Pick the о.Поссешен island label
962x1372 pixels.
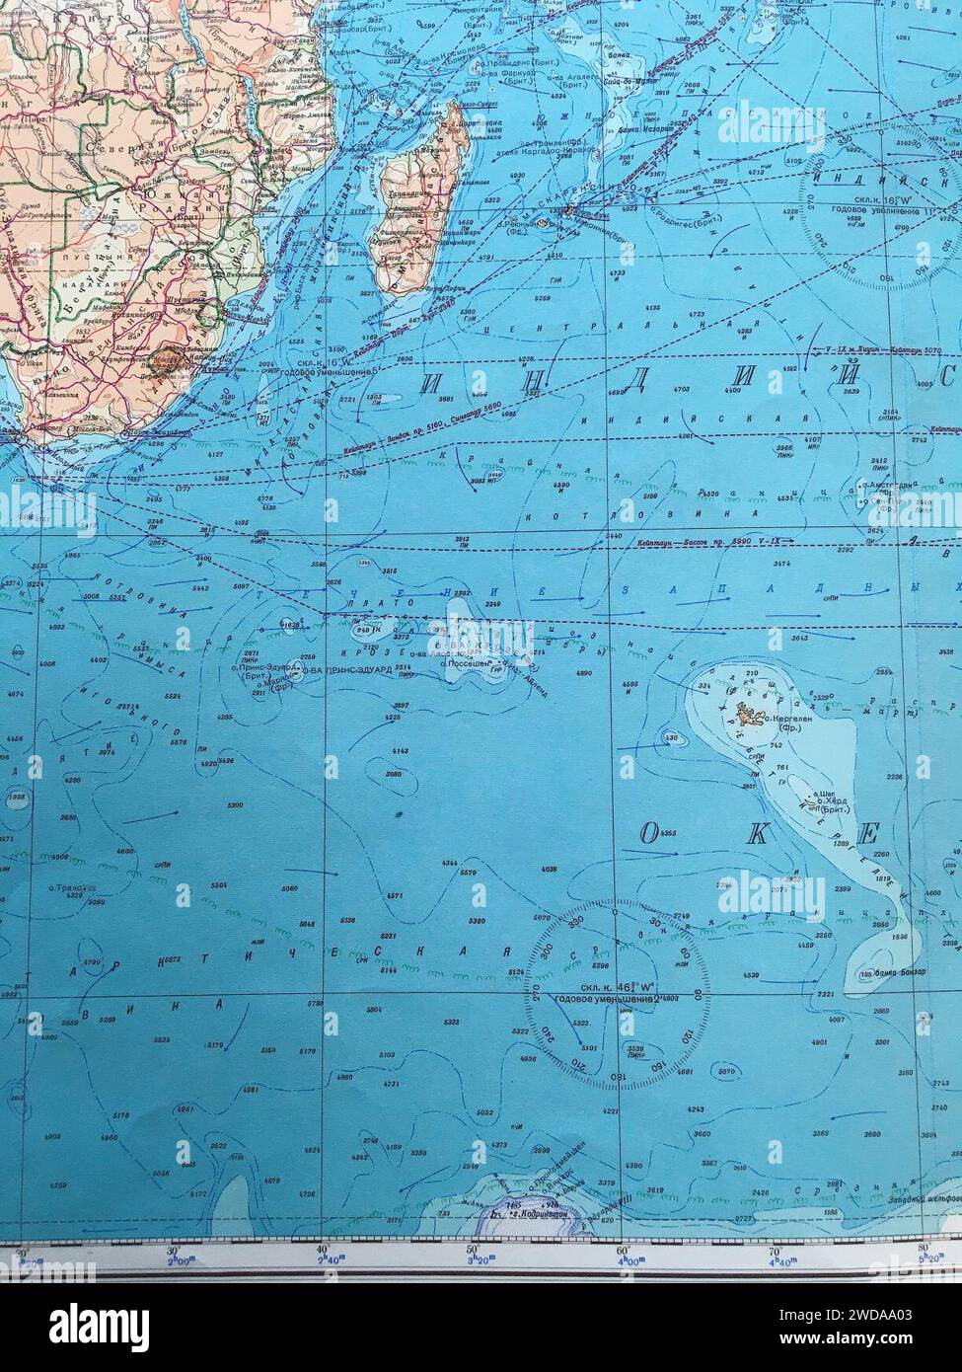(467, 664)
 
